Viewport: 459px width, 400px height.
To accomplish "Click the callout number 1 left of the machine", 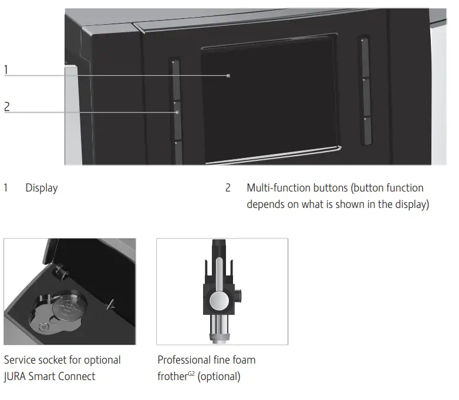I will click(x=6, y=70).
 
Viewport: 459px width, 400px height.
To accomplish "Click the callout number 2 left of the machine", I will click(x=7, y=106).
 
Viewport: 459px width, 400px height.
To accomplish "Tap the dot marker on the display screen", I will click(x=228, y=76).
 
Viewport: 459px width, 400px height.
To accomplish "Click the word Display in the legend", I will click(x=42, y=188).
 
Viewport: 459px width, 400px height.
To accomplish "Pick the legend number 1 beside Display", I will click(x=6, y=188).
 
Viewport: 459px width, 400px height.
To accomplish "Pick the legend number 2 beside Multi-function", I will click(x=228, y=188).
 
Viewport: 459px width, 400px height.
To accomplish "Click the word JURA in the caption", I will click(x=18, y=377).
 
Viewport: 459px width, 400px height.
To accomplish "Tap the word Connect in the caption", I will click(x=76, y=377).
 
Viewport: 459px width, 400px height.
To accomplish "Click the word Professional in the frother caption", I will click(x=185, y=359).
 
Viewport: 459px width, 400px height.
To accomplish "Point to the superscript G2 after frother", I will click(x=191, y=374).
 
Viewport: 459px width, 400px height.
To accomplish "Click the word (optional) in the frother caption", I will click(x=219, y=377).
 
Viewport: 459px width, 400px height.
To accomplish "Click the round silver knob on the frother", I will click(x=220, y=301).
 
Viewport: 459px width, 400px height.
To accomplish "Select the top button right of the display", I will click(x=365, y=58).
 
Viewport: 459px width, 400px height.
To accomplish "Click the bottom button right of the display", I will click(x=367, y=130).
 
